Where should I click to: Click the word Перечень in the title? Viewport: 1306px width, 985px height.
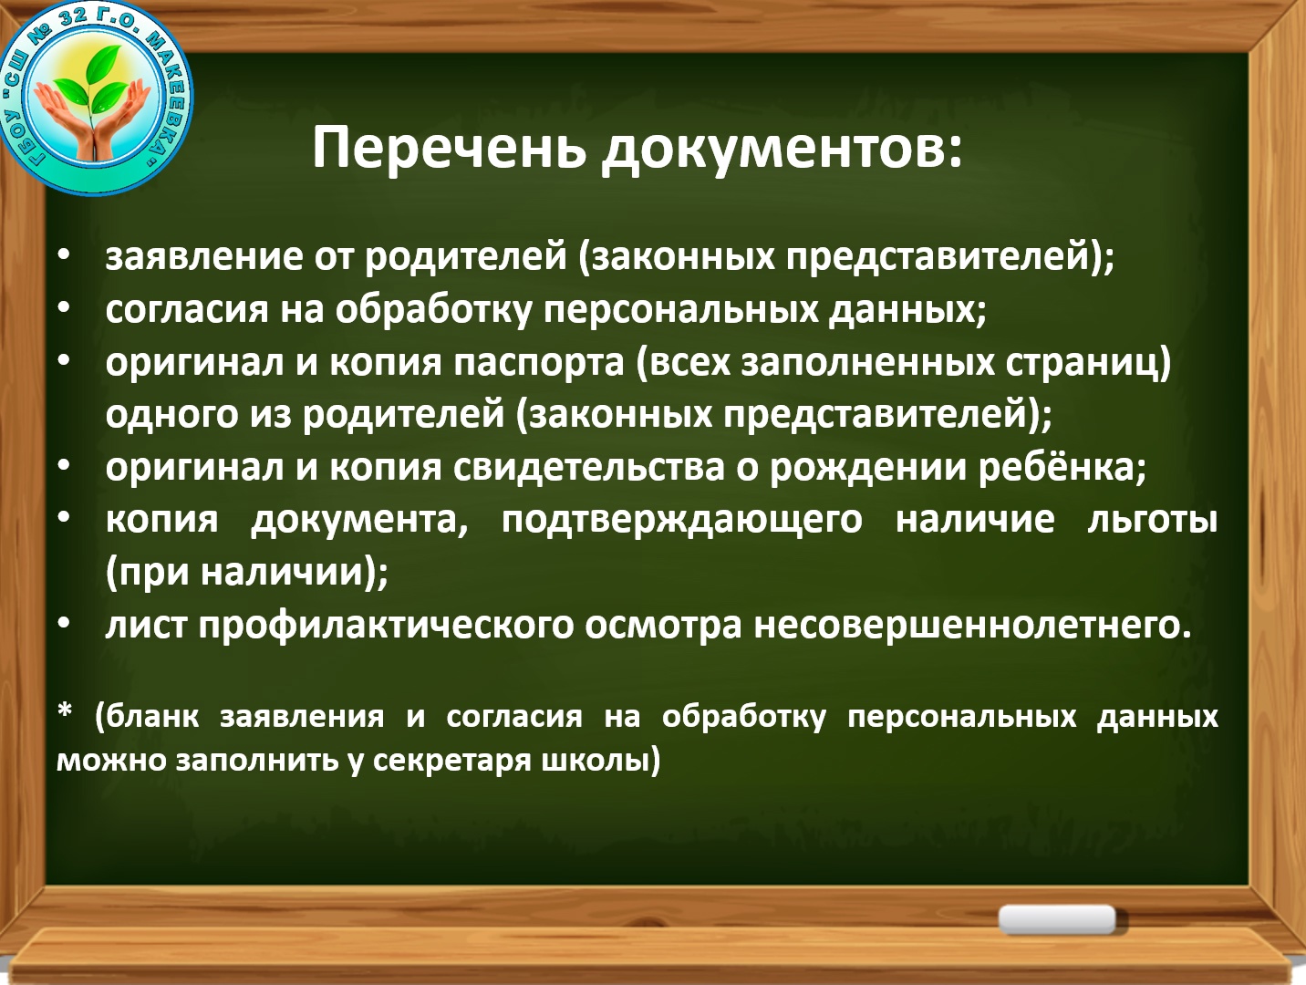(x=450, y=147)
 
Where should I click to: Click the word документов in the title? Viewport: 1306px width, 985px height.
(x=782, y=149)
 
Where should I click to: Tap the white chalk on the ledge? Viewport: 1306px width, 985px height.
(x=1057, y=919)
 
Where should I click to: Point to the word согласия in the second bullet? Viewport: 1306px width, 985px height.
(x=187, y=310)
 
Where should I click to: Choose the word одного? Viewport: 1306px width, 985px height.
(x=172, y=415)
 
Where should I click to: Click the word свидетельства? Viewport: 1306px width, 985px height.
(x=589, y=468)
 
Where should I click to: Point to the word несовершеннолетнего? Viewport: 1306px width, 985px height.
(x=968, y=626)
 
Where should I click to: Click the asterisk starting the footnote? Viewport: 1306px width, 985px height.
(x=65, y=711)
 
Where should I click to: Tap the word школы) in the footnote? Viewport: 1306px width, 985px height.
(x=601, y=760)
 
